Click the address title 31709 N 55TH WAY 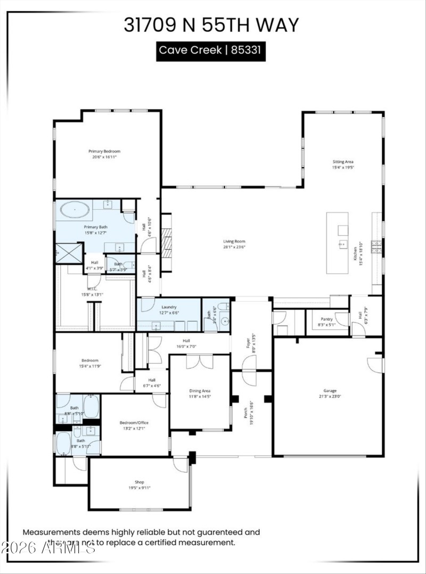(x=211, y=25)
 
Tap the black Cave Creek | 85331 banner (x=211, y=51)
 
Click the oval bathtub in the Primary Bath (x=75, y=210)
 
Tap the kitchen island (x=337, y=243)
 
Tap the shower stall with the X (x=69, y=253)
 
